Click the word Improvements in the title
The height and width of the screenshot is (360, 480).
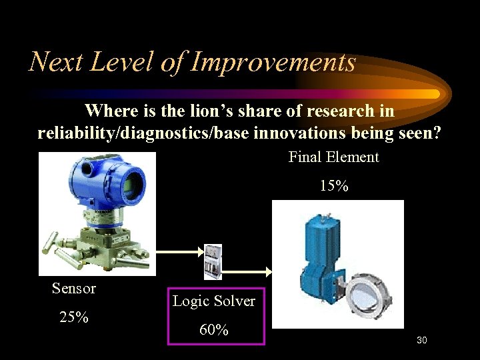tap(273, 62)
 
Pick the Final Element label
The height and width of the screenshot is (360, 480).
tap(333, 157)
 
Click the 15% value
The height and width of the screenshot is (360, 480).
tap(333, 186)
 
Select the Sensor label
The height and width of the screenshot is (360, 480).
tap(74, 289)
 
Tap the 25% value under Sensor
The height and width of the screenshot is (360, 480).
tap(74, 317)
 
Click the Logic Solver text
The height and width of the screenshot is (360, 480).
tap(213, 301)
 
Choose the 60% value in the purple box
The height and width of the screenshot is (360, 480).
tap(213, 330)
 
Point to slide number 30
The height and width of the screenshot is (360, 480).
tap(421, 341)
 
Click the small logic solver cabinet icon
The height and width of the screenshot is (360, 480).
tap(213, 262)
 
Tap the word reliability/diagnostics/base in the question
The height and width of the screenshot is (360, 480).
tap(143, 133)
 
